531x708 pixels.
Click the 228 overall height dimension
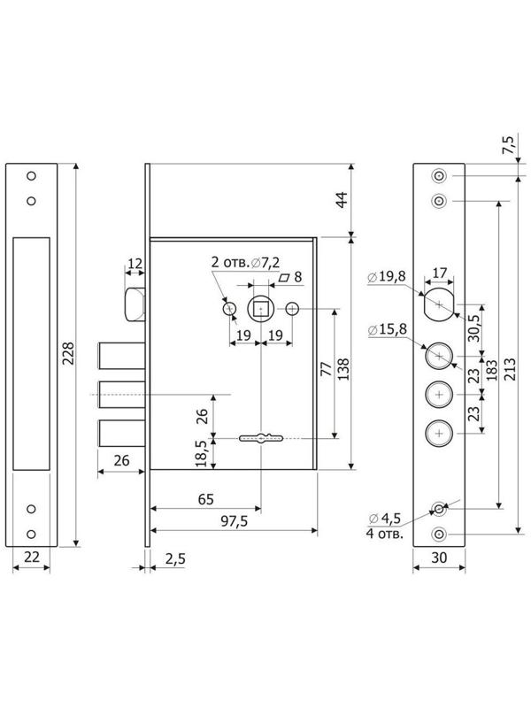(x=68, y=354)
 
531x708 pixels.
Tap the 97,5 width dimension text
(x=235, y=521)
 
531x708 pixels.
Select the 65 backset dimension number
(x=206, y=499)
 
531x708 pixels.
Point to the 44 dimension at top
(x=343, y=200)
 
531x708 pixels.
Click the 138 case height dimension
(x=343, y=369)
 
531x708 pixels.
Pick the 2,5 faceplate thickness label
(x=175, y=559)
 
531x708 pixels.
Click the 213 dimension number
(x=510, y=369)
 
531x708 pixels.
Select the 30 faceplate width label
(x=439, y=558)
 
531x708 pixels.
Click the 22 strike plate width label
(x=32, y=558)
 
